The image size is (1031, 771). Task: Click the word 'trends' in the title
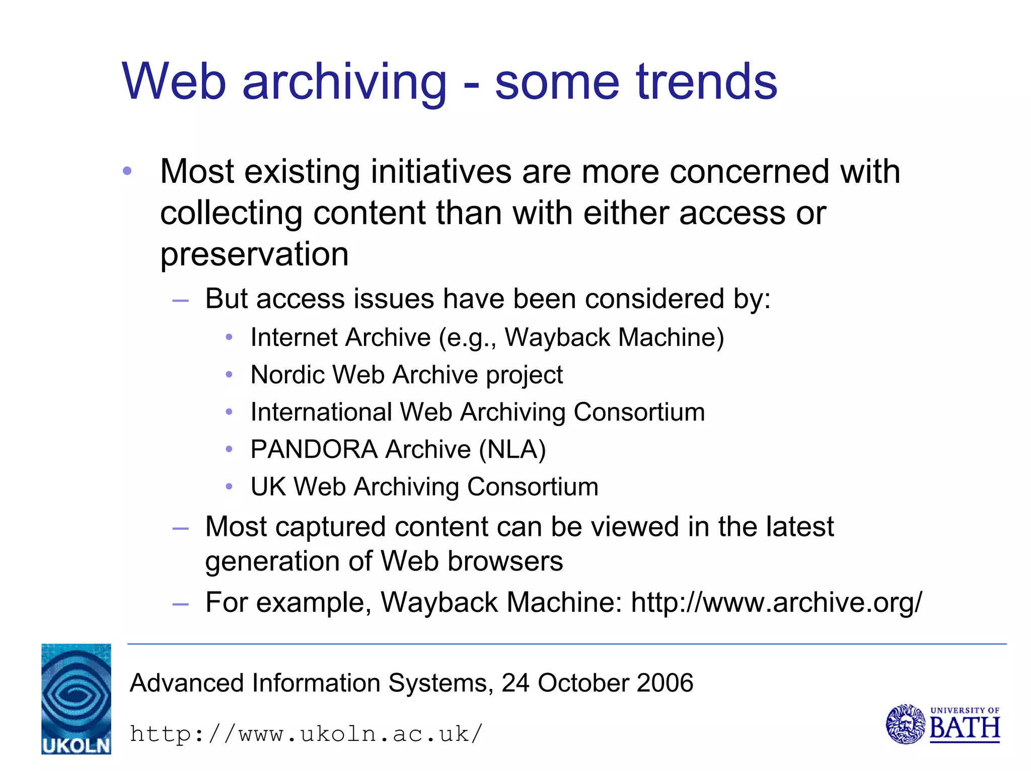tap(707, 82)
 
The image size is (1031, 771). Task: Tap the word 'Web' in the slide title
tap(174, 82)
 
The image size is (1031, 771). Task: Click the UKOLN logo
tap(76, 698)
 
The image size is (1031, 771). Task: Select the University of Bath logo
tap(942, 724)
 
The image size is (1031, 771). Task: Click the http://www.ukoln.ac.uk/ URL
tap(306, 734)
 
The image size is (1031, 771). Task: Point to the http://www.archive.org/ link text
tap(776, 602)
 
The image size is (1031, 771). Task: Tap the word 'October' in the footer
tap(583, 683)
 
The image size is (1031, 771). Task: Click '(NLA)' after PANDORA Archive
tap(512, 449)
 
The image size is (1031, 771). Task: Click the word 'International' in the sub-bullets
tap(321, 412)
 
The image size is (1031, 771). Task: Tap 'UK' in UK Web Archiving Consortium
tap(268, 487)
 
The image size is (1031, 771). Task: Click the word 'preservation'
tap(254, 255)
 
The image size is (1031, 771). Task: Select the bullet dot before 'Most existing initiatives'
tap(127, 171)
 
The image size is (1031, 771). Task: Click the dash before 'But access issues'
tap(180, 301)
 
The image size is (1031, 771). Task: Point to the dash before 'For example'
tap(180, 604)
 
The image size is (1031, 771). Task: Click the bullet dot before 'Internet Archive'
tap(229, 337)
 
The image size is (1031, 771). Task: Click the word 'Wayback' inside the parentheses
tap(557, 337)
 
